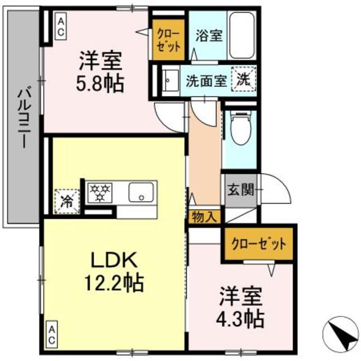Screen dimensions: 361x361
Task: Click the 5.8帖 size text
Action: tap(101, 85)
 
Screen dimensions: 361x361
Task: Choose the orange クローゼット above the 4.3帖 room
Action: tap(259, 244)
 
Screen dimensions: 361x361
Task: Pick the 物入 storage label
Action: tap(202, 216)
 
